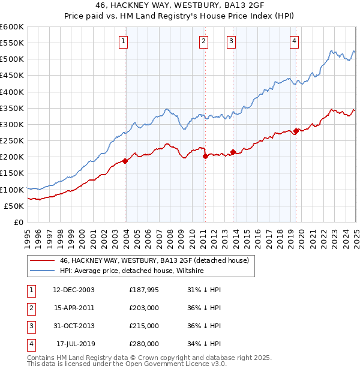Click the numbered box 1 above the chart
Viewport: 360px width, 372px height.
click(123, 41)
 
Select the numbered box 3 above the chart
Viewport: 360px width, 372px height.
click(231, 41)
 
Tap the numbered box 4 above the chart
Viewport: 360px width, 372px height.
click(295, 41)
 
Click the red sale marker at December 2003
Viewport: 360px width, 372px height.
click(125, 161)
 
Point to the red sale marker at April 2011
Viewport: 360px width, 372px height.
click(205, 156)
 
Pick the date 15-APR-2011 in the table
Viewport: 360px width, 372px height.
click(73, 308)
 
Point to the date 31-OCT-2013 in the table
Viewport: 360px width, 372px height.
click(73, 326)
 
